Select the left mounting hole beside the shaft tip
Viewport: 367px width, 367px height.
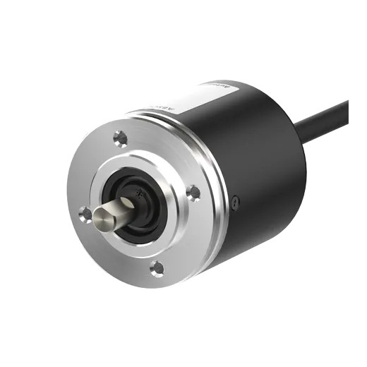point(85,212)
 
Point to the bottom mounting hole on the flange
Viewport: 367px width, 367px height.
point(157,267)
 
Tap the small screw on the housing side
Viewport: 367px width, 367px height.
point(235,202)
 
